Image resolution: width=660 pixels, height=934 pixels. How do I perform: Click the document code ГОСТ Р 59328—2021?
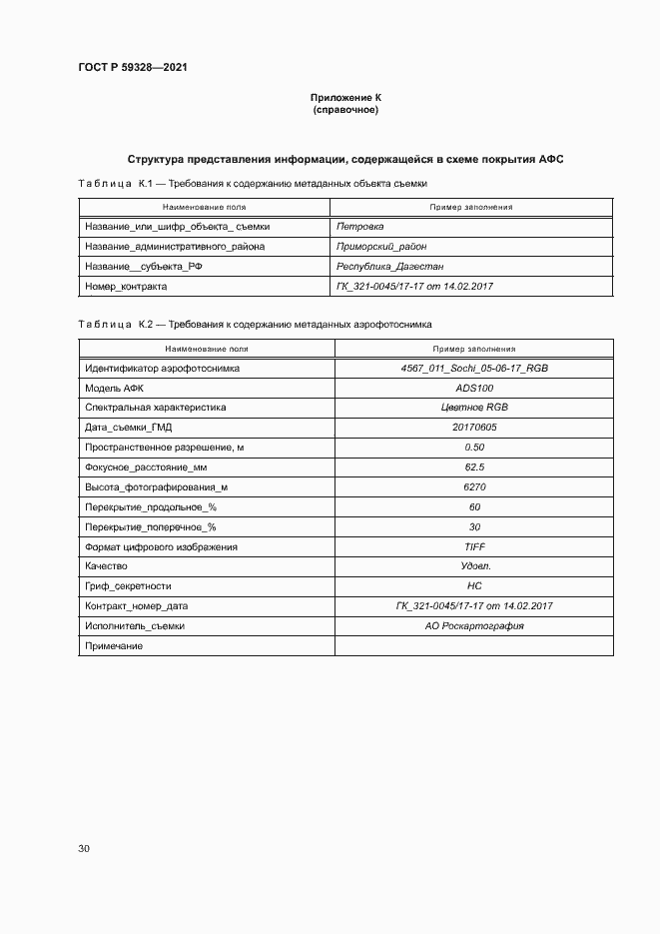(132, 67)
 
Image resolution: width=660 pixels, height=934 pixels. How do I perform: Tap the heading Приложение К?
(346, 98)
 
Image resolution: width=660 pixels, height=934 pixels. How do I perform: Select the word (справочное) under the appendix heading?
(346, 110)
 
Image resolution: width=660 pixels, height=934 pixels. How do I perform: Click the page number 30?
(84, 848)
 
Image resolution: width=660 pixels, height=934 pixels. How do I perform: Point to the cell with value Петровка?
(360, 227)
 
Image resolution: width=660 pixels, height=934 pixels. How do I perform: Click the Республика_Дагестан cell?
(390, 267)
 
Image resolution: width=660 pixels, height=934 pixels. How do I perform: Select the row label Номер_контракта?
(126, 286)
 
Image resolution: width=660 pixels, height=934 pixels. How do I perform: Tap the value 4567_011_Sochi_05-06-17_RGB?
(474, 369)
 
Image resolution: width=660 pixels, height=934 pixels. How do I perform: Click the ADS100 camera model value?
(474, 388)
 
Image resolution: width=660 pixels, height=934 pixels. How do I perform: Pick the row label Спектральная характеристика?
(156, 408)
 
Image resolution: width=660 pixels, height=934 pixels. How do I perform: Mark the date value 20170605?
(474, 428)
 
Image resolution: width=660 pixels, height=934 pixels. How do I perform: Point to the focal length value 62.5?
(474, 467)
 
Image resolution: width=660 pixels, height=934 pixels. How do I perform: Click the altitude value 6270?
(474, 487)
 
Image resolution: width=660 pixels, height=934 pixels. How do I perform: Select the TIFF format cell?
(474, 547)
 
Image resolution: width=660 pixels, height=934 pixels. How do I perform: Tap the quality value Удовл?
(474, 566)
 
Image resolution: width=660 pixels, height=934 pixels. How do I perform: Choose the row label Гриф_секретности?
(129, 586)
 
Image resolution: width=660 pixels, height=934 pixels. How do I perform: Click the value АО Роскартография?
(474, 626)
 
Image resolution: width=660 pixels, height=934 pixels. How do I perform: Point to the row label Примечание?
(114, 646)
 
